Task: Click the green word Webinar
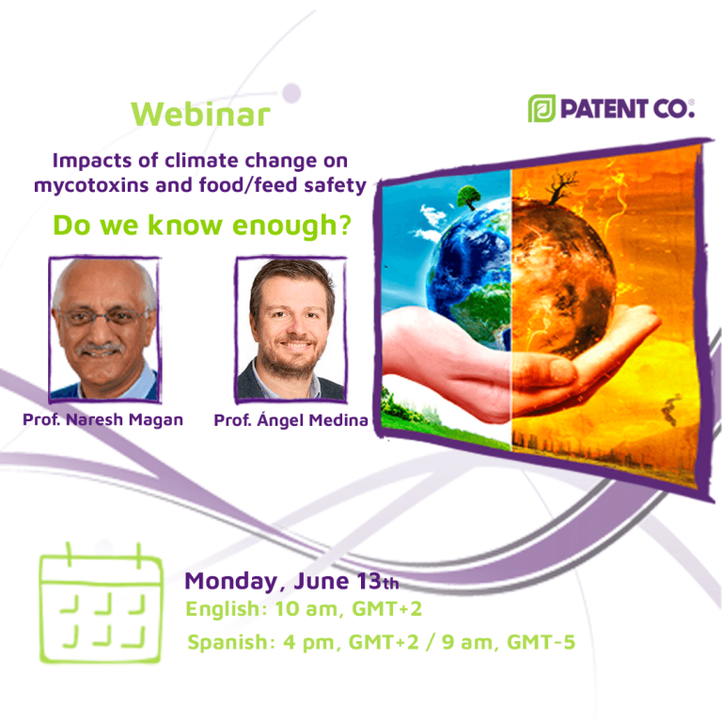point(200,114)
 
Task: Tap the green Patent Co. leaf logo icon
point(541,109)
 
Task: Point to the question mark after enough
point(344,225)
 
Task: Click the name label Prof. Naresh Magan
point(103,419)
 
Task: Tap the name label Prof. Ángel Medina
point(291,419)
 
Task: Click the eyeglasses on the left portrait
point(104,318)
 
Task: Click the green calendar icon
point(101,603)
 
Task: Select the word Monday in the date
point(230,581)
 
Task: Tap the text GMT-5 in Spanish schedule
point(541,642)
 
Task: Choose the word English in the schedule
point(224,609)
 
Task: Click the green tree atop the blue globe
point(469,197)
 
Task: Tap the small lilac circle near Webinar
point(291,93)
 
